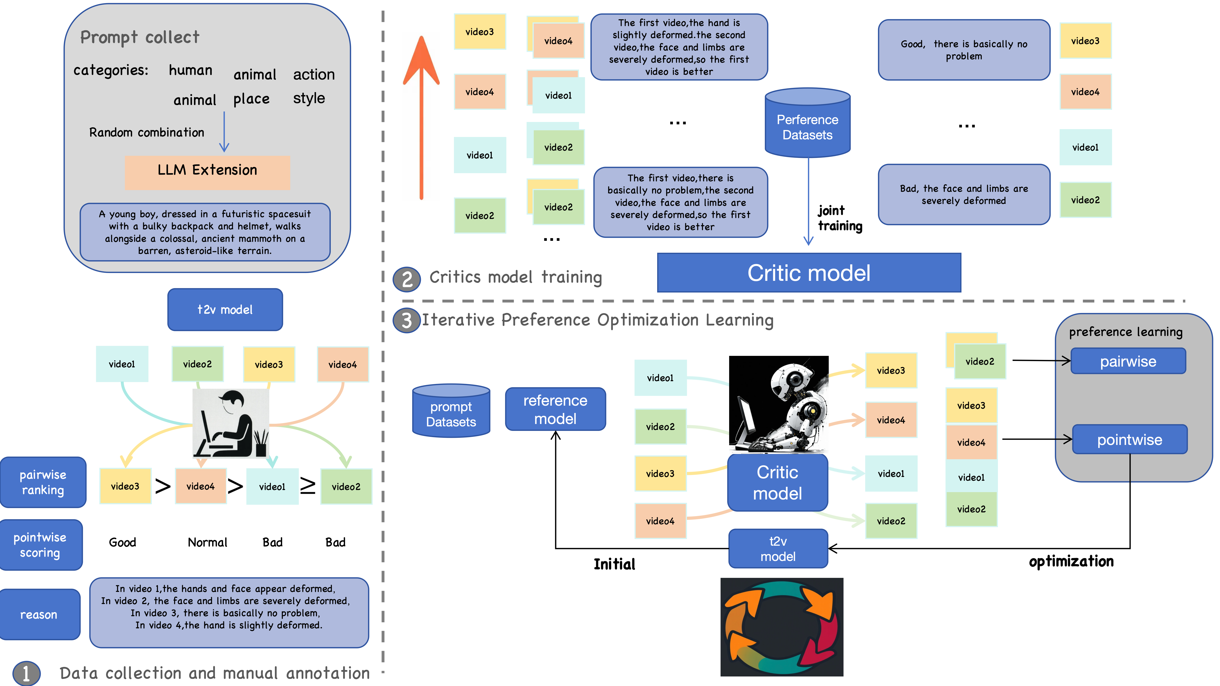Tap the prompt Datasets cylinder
(451, 411)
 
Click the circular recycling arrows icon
(782, 626)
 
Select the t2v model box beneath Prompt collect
(225, 310)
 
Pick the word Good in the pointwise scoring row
(122, 542)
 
